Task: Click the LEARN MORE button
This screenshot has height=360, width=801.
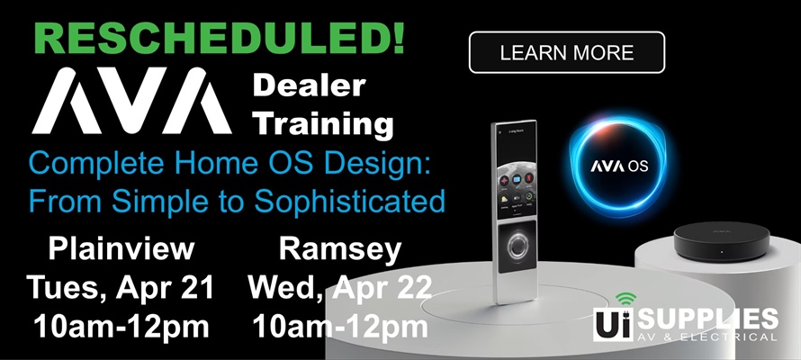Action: (x=566, y=52)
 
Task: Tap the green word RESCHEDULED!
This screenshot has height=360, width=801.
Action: (x=207, y=37)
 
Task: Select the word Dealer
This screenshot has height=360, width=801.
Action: (x=308, y=86)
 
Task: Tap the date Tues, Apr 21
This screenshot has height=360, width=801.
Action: (x=121, y=288)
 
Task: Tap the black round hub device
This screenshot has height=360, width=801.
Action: (x=719, y=241)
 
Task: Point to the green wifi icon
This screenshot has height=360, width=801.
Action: (x=625, y=299)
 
